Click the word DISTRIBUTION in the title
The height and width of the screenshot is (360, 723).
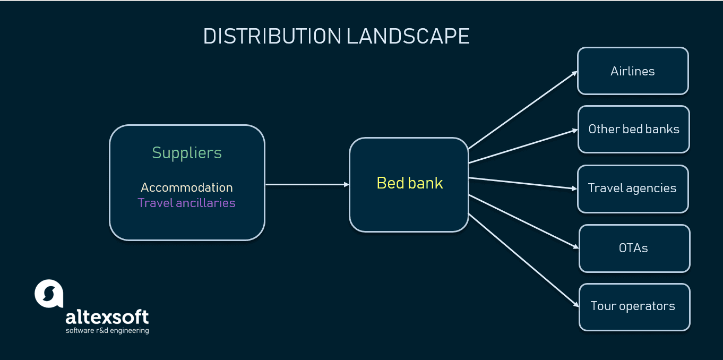pos(272,37)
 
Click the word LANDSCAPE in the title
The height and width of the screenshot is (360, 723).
pos(408,37)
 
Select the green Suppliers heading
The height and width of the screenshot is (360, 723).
pos(187,153)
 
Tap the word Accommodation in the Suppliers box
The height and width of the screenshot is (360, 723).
pos(187,187)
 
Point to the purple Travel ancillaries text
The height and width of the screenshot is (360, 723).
pos(186,203)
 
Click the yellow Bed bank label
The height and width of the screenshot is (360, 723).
pos(409,183)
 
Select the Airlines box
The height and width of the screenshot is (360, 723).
pos(633,71)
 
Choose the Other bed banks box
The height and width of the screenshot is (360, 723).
pos(634,130)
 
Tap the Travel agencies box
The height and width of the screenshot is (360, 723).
pos(632,188)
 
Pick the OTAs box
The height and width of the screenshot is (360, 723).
pos(634,248)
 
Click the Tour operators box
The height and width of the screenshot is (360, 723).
pos(634,306)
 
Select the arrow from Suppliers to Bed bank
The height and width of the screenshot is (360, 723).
pos(307,184)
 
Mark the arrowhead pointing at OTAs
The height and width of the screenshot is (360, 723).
pos(575,246)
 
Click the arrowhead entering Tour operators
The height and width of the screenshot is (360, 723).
pos(575,305)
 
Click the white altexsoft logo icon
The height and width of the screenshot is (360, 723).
pos(49,294)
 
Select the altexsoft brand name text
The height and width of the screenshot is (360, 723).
pos(107,317)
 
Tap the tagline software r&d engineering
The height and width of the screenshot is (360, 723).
pos(107,331)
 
